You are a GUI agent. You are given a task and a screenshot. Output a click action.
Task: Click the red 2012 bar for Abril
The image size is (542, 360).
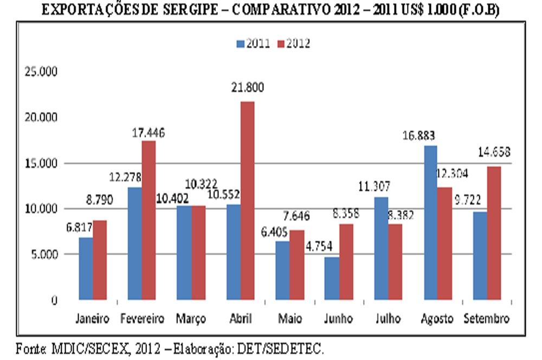coord(247,201)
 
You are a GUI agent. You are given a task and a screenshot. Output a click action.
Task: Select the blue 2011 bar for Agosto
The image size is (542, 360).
coord(430,222)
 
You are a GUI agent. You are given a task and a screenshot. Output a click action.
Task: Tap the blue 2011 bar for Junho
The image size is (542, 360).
coord(332,278)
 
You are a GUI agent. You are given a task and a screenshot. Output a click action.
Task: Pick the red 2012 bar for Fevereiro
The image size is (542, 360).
coord(149,220)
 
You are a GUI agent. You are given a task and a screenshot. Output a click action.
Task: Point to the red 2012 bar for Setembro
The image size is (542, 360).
coord(494,233)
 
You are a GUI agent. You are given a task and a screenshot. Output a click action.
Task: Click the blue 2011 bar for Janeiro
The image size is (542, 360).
coord(86,268)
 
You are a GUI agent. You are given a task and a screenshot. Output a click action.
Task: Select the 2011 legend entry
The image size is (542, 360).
coord(253,44)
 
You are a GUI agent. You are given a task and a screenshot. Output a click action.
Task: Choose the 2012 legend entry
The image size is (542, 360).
coord(293,44)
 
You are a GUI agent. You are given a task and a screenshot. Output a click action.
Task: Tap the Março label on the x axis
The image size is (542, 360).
coord(190,319)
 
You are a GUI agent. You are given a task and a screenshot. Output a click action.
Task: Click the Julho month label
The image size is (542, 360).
coord(389,319)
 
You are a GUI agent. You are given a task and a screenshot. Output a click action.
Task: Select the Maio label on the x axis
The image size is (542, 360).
coord(289,319)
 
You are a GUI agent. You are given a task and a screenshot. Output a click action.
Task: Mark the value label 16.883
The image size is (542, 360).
coord(430,135)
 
